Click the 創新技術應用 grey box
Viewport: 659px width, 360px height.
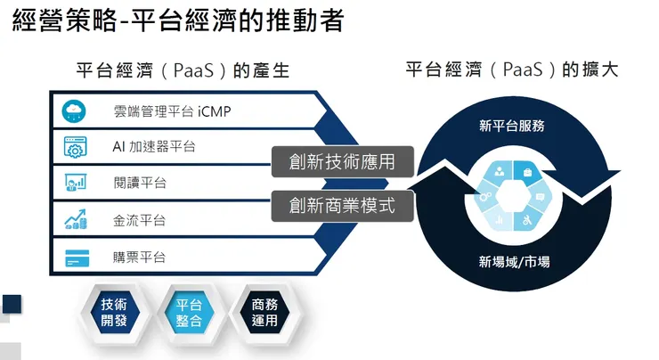(343, 161)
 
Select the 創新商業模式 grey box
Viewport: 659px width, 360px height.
(343, 206)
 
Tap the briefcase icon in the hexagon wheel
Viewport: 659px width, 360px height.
(527, 171)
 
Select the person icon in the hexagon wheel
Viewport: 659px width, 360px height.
(499, 171)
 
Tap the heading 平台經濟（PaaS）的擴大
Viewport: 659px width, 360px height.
(511, 70)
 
